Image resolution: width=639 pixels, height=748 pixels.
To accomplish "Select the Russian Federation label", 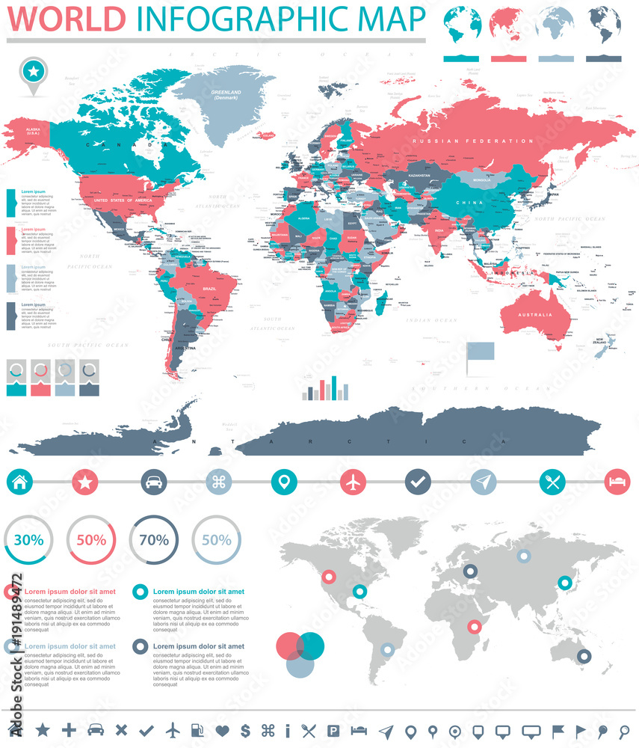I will [472, 141].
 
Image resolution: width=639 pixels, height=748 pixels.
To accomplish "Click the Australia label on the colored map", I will [538, 315].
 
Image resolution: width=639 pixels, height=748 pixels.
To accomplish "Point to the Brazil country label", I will [211, 288].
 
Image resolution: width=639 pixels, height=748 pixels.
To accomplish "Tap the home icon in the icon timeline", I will [19, 481].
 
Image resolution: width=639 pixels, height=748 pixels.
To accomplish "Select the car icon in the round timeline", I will [152, 481].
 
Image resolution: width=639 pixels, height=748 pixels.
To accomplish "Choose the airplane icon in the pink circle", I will [352, 481].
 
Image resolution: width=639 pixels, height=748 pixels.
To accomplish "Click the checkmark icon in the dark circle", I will [418, 481].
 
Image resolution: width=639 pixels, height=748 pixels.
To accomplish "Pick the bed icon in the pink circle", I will [617, 481].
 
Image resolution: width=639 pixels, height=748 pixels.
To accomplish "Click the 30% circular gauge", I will [28, 539].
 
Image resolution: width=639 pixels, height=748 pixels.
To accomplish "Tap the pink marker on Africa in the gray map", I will [475, 627].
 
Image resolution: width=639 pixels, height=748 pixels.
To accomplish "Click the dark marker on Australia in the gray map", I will [584, 656].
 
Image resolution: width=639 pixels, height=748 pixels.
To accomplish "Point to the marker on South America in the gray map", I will [386, 650].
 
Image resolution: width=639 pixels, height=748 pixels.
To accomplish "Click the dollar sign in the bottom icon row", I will [244, 730].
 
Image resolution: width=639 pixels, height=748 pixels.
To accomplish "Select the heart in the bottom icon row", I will [221, 730].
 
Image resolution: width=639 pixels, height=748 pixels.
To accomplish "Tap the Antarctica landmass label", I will [314, 443].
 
